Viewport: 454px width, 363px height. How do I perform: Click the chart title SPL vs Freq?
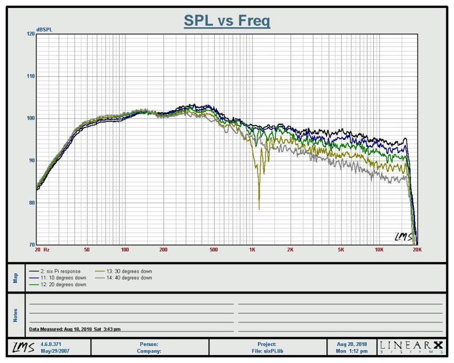[227, 21]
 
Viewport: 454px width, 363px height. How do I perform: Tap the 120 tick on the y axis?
[30, 34]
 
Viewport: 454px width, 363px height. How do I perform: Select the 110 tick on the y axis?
[30, 76]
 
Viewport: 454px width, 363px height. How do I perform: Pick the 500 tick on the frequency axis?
[214, 250]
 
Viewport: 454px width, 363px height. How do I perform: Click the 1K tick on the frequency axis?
[252, 250]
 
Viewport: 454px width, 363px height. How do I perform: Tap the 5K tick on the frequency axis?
[341, 250]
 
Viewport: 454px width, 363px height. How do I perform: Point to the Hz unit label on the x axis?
[46, 250]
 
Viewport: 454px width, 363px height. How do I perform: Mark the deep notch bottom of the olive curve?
[259, 209]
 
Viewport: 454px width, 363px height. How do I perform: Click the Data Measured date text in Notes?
[75, 330]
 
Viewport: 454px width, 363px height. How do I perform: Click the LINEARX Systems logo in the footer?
[411, 347]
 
